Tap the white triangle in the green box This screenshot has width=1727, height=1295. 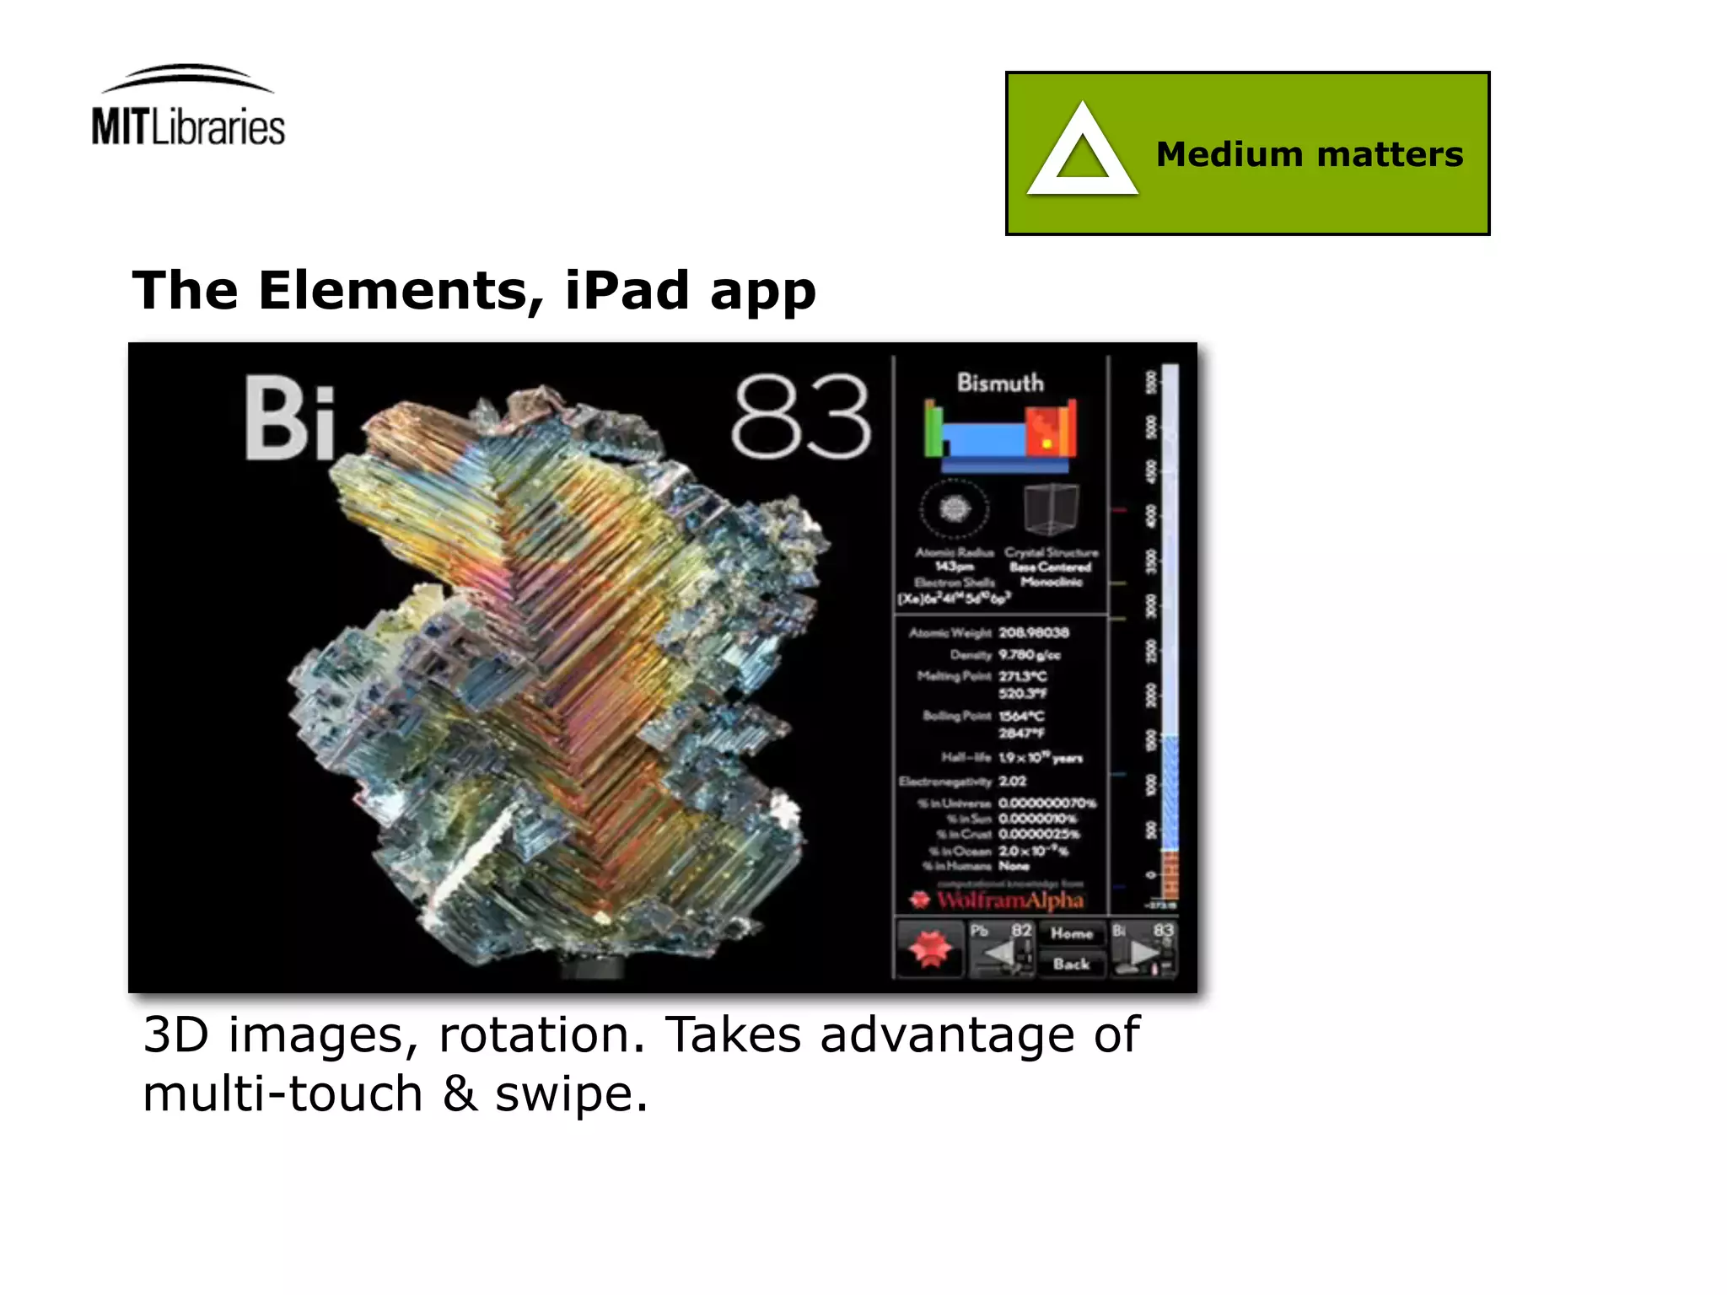(x=1082, y=153)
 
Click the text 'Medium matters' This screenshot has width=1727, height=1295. (x=1309, y=155)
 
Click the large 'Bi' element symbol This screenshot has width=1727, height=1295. (x=290, y=419)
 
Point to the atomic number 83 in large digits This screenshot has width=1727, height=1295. (x=800, y=417)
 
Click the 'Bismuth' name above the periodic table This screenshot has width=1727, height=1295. (x=1000, y=383)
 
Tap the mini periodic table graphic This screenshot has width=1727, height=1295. (x=1000, y=435)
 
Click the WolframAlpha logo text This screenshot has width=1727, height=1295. (x=1009, y=900)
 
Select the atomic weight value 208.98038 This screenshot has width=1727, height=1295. (x=1034, y=632)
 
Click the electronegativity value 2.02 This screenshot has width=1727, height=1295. (x=1013, y=782)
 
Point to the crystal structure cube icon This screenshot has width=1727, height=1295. (x=1051, y=508)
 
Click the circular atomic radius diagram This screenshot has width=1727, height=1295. (x=954, y=508)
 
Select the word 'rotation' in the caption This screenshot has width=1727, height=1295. (x=541, y=1035)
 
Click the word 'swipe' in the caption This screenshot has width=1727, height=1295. (x=570, y=1094)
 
